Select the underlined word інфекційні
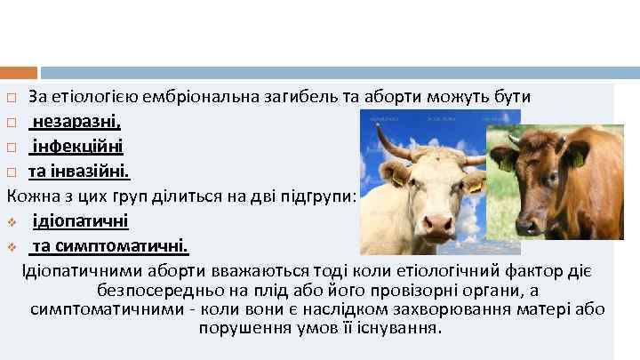(78, 145)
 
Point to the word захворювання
(476, 309)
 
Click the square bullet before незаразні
(12, 122)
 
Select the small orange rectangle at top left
(19, 73)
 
